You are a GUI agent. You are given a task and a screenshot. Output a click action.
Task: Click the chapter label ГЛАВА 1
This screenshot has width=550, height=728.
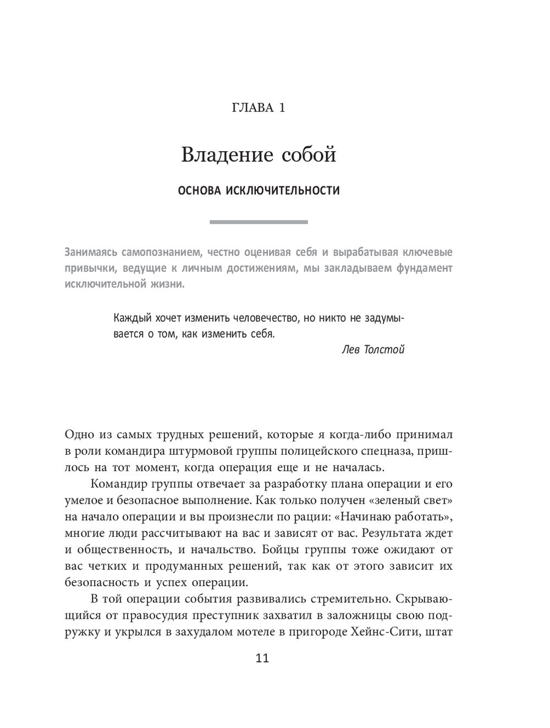[x=258, y=107]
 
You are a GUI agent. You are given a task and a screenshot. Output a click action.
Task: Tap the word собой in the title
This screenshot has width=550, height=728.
[x=309, y=155]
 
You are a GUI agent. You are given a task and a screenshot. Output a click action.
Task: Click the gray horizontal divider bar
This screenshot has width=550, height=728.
[x=258, y=222]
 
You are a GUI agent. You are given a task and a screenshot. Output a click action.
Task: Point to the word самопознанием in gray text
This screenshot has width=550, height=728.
[x=152, y=253]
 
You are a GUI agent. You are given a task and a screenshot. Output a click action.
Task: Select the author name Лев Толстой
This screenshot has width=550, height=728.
[x=373, y=350]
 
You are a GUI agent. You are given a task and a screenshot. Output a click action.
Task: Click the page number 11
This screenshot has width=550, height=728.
[x=262, y=658]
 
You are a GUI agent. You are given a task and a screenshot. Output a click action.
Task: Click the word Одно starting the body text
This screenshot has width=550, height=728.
[x=79, y=434]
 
